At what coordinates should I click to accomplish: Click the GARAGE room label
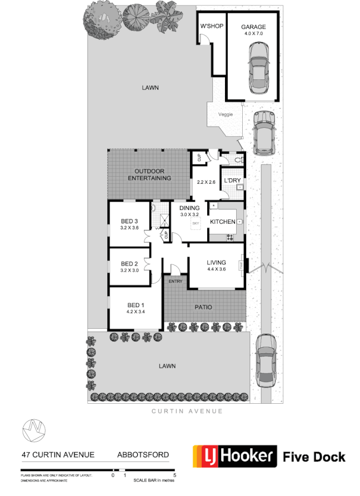(x=253, y=27)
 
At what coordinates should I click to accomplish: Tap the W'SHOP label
(x=211, y=27)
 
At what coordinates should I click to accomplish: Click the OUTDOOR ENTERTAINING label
(x=149, y=174)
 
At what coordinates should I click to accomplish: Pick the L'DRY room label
(x=232, y=181)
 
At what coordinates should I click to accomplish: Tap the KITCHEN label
(x=222, y=222)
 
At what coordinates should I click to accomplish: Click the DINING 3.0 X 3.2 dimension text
(x=189, y=214)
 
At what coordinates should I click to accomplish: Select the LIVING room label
(x=216, y=263)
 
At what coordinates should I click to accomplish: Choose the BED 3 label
(x=129, y=221)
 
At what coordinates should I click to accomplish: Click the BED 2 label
(x=129, y=264)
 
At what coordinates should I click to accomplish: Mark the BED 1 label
(x=136, y=305)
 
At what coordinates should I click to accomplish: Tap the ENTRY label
(x=176, y=282)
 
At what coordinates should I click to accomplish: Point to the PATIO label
(x=203, y=307)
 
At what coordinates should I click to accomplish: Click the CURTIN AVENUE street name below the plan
(x=187, y=411)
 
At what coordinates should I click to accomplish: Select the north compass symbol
(x=33, y=429)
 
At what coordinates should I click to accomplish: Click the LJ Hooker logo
(x=234, y=457)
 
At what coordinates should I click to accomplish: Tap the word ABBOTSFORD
(x=143, y=455)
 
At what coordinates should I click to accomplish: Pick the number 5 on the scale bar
(x=175, y=475)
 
